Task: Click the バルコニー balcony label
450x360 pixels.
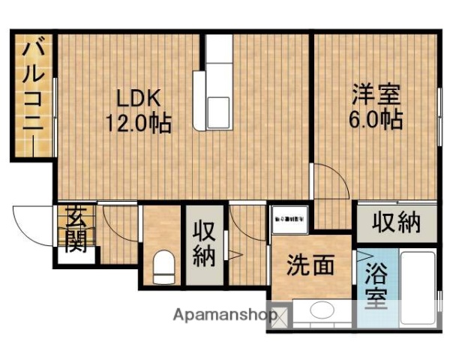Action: tap(31, 94)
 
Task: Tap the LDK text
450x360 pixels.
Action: tap(137, 97)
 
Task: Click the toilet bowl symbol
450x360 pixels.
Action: tap(162, 267)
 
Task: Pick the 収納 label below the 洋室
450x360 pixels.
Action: tap(397, 222)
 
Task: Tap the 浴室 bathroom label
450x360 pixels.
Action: tap(374, 286)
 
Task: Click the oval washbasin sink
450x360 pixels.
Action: tap(321, 311)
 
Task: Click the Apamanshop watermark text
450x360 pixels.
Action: tap(221, 315)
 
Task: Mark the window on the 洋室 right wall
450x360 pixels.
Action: tap(439, 112)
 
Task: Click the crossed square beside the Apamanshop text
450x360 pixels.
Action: tap(279, 316)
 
